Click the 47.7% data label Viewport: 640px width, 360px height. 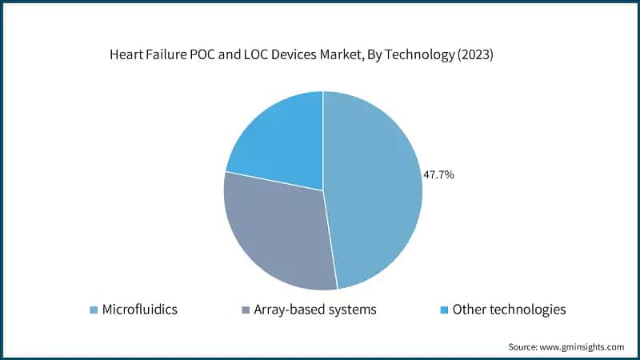coord(439,174)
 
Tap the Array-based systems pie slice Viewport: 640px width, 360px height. coord(276,232)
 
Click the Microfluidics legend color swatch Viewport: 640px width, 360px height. coord(94,309)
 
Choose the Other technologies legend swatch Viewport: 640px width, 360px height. coord(444,309)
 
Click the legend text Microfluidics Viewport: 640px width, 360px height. coord(139,309)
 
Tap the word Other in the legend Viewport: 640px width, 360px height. coord(469,309)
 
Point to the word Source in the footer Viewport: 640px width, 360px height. coord(523,347)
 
